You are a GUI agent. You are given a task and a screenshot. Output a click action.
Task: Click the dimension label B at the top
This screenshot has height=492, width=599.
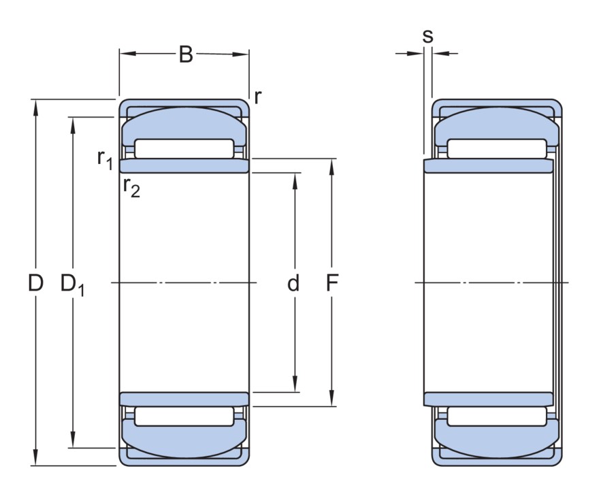[x=185, y=54]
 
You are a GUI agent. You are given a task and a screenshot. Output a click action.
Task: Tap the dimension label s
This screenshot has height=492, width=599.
[x=427, y=36]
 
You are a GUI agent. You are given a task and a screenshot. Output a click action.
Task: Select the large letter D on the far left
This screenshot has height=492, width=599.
[x=35, y=283]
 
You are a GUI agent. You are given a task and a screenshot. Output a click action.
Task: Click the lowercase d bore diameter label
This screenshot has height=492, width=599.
[x=293, y=283]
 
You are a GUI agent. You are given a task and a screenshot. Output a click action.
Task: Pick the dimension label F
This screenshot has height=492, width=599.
[x=332, y=283]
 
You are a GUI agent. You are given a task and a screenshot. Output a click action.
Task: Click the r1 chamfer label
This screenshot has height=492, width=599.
[x=104, y=159]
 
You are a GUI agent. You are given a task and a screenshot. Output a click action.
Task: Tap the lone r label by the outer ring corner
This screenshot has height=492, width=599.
[x=257, y=97]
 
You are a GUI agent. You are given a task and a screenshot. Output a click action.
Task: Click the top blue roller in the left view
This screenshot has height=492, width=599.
[x=184, y=123]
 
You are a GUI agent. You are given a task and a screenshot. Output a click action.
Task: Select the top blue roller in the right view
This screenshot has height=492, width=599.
[x=497, y=123]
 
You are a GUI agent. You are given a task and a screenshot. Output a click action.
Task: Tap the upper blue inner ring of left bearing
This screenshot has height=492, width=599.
[x=184, y=166]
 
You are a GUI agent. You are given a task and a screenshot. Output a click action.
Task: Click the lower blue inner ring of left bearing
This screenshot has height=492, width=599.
[x=184, y=399]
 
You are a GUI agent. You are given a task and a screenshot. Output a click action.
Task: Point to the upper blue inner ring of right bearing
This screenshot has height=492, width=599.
[x=489, y=166]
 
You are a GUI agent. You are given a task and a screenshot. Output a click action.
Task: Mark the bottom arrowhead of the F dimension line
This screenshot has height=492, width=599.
[x=332, y=401]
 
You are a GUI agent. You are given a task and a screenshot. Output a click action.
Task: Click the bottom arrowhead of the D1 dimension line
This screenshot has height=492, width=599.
[x=73, y=443]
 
